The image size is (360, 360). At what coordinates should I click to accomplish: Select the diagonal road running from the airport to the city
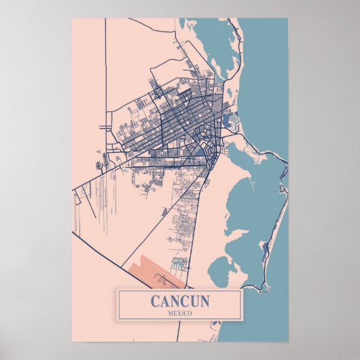(x=197, y=204)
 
